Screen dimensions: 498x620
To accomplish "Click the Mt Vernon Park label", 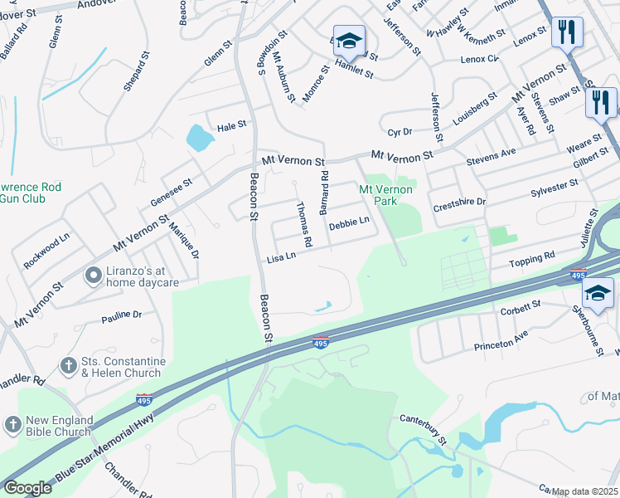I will pos(385,195).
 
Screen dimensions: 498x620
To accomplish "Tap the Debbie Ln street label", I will pos(349,223).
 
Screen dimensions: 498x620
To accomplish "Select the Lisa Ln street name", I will pos(282,259).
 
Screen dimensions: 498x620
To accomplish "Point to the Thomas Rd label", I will pos(304,225).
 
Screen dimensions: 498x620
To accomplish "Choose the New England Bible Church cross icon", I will pos(12,425).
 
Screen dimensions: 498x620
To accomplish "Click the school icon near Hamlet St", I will pos(350,41).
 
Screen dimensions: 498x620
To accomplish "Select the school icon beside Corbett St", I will pos(598,293).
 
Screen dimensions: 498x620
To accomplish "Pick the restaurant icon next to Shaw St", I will pos(600,102).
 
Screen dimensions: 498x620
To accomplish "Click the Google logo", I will pos(27,488).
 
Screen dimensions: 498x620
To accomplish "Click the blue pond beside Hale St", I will pos(198,138).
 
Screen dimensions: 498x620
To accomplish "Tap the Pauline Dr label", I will pos(122,315).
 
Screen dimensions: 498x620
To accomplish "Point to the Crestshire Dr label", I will pos(459,202).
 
